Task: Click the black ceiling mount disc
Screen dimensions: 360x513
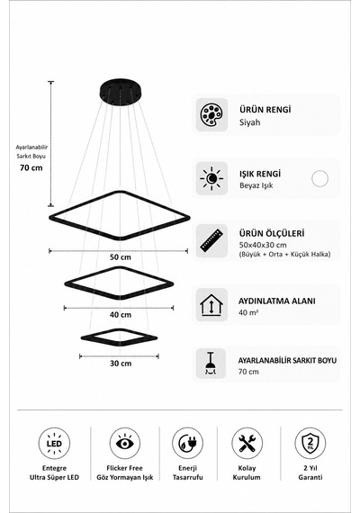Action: coord(120,93)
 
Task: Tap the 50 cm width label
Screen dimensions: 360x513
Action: coord(121,257)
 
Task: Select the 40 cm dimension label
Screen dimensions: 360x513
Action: coord(121,315)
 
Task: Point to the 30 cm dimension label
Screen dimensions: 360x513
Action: coord(121,364)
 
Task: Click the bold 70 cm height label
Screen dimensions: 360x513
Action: coord(31,167)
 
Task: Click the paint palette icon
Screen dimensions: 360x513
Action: coord(211,115)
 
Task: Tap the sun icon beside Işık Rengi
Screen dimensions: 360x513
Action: coord(211,178)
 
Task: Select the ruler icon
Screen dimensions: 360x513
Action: coord(211,240)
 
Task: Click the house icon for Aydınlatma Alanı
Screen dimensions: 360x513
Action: coord(211,304)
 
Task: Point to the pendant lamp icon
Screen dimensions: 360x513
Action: coord(211,364)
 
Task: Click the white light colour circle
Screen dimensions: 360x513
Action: coord(319,178)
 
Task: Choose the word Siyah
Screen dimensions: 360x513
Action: coord(249,122)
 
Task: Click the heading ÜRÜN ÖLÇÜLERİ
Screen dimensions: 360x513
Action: coord(272,234)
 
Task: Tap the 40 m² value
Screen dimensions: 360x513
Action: coord(248,312)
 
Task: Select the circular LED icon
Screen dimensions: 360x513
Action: coord(54,444)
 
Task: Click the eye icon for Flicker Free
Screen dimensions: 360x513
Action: coord(125,444)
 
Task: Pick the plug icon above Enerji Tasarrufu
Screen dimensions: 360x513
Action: coord(187,444)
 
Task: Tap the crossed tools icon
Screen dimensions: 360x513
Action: coord(247,444)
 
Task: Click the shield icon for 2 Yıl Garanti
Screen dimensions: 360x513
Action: coord(310,444)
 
